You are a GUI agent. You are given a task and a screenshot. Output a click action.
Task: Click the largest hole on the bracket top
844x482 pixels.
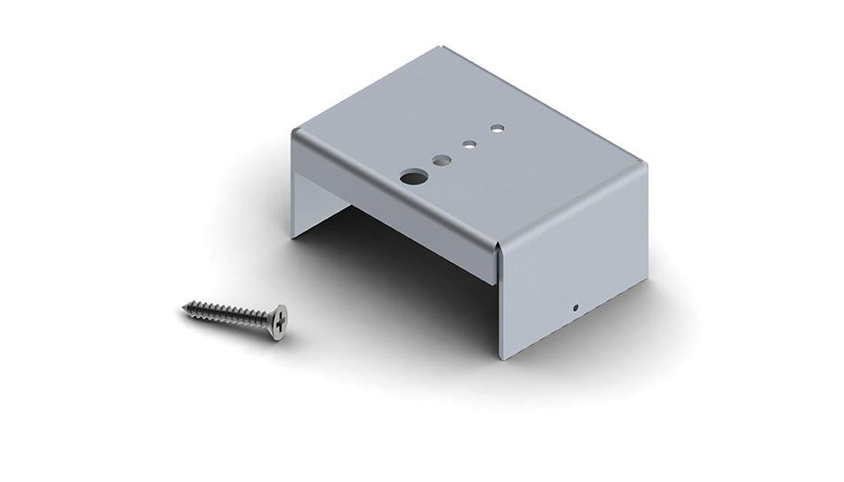(x=411, y=176)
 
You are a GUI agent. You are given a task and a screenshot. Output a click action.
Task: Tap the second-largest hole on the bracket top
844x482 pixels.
(x=441, y=161)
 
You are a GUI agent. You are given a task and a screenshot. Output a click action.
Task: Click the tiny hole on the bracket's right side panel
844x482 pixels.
(x=576, y=308)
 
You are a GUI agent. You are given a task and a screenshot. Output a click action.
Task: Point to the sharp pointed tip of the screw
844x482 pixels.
(x=182, y=309)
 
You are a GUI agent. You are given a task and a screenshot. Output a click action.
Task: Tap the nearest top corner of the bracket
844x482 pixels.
(x=499, y=246)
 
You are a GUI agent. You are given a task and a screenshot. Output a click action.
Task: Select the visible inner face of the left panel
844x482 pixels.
(x=311, y=200)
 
